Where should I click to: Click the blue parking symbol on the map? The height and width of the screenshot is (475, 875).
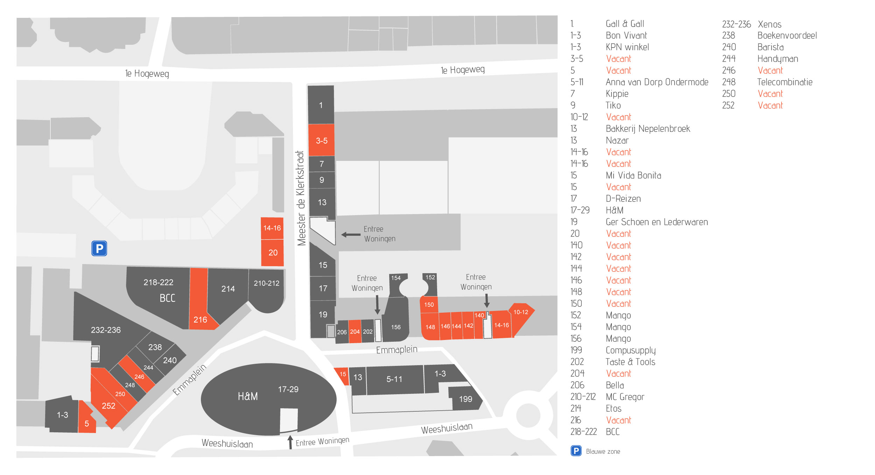99,248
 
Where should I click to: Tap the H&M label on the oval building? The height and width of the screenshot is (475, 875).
248,396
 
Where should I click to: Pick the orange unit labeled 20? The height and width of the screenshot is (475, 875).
272,253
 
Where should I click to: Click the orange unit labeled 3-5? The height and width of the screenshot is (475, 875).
321,140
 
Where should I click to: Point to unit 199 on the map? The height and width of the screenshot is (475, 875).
465,398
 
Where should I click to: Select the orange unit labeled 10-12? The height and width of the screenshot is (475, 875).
521,317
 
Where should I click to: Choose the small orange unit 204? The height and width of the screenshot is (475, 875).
355,331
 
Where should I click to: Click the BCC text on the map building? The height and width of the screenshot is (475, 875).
167,298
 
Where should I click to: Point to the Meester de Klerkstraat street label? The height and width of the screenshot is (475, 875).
301,198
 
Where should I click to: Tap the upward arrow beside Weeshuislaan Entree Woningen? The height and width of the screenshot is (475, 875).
290,442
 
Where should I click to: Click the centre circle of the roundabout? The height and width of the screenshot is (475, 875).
528,416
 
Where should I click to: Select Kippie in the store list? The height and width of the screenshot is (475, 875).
617,94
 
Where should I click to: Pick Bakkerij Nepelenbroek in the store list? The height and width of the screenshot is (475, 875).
648,129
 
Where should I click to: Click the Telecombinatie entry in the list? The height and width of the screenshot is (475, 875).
785,82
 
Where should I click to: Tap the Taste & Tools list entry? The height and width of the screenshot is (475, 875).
630,362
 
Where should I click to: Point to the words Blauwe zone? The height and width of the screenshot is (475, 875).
603,452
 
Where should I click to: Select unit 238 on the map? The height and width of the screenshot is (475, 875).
155,347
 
